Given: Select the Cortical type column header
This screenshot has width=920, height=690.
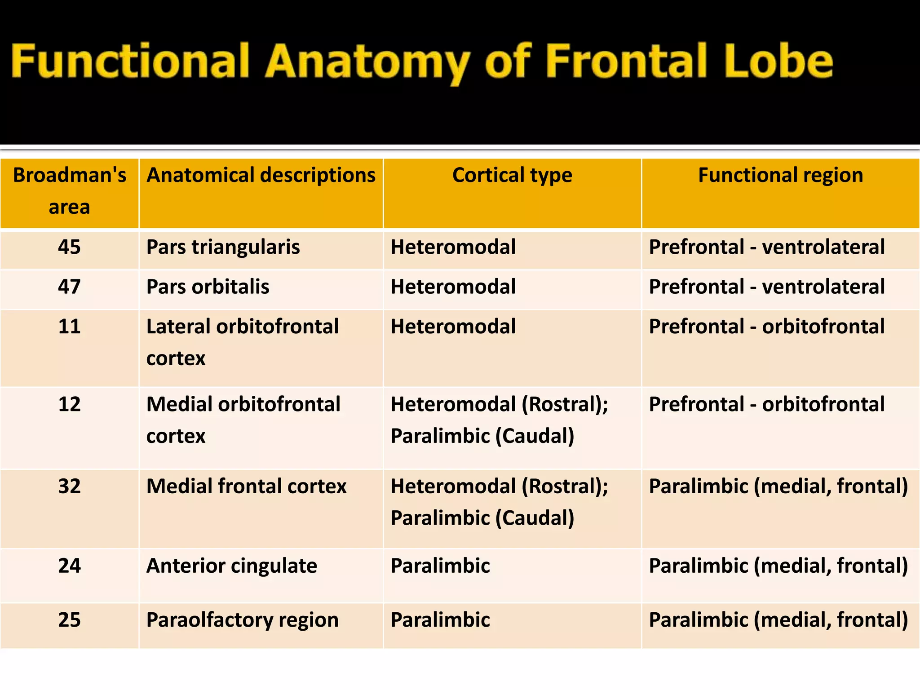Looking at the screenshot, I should tap(512, 175).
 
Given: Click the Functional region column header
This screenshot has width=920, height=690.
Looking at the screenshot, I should tap(780, 175).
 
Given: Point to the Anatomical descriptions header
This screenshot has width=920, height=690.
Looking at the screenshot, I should tap(261, 175).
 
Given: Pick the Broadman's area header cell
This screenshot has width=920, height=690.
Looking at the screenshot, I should tap(70, 191).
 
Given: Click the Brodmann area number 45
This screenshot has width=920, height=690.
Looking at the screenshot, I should tap(69, 247).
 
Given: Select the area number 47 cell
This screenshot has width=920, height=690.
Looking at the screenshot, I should tap(69, 287).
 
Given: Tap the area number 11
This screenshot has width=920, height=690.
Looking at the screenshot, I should tap(69, 327).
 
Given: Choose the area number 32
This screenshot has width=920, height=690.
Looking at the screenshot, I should tap(69, 487).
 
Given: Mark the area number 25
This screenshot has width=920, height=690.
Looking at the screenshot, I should tap(69, 620).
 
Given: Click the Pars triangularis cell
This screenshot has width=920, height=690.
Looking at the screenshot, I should tap(223, 247).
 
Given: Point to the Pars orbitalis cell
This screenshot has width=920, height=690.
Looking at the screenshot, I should tap(208, 287).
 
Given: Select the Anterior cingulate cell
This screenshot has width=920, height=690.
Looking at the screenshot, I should tap(232, 566).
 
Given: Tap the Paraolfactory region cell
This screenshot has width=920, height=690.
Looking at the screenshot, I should tap(242, 620).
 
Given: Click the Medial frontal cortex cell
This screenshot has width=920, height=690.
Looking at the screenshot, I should tap(246, 487).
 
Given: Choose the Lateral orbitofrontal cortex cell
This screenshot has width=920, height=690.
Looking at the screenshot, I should tap(243, 342).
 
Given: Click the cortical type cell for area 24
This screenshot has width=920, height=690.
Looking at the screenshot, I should tap(440, 566).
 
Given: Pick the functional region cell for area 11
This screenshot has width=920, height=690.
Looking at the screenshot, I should tap(767, 327).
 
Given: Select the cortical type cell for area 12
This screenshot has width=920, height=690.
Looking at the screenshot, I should tap(499, 420).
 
